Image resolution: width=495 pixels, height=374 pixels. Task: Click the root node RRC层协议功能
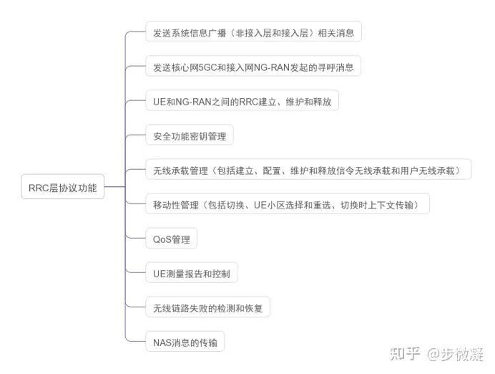63,188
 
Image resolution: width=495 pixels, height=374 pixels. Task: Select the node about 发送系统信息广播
253,33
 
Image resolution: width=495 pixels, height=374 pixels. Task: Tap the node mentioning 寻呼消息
253,67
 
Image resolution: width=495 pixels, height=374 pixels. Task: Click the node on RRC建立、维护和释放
241,101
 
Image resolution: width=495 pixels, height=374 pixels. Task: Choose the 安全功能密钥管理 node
189,135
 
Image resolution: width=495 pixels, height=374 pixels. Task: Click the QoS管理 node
171,239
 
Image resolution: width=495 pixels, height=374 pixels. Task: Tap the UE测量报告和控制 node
191,274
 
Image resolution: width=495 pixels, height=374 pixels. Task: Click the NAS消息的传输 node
185,342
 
